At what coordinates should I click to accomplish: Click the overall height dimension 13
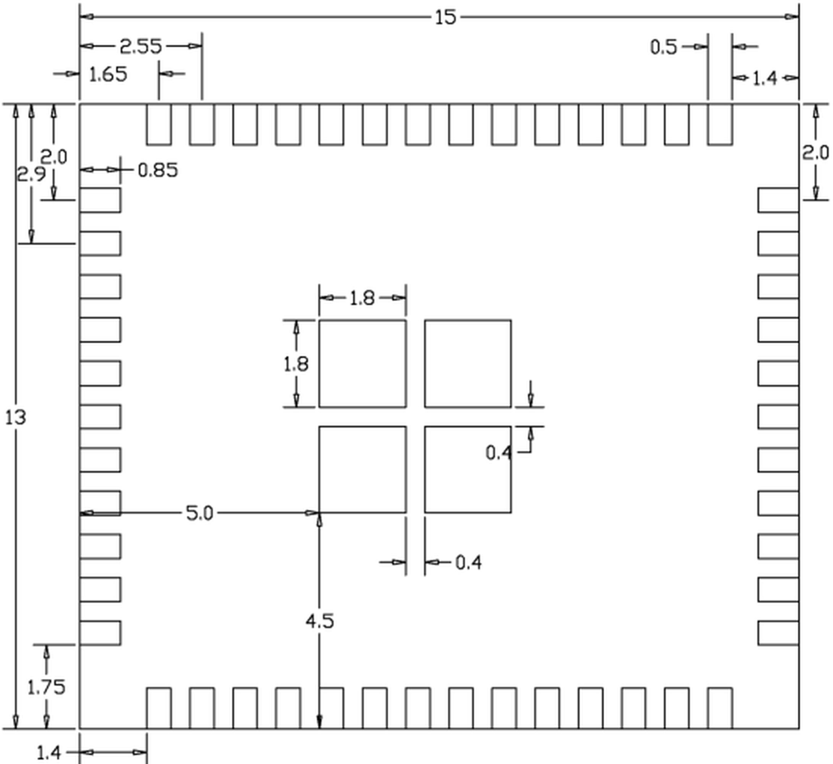coord(16,418)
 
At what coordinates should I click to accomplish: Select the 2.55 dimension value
coord(141,47)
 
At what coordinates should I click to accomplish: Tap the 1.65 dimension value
coord(108,75)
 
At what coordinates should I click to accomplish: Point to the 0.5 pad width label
coord(664,47)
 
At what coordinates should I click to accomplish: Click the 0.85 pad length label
coord(157,170)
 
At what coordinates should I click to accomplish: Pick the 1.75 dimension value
coord(46,688)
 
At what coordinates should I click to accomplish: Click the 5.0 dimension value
coord(200,514)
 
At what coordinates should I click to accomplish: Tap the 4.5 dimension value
coord(320,622)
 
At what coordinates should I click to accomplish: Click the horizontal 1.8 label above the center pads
coord(362,298)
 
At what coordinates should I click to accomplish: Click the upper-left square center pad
coord(362,364)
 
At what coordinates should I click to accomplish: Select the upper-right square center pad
coord(468,364)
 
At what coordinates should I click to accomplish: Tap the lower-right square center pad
coord(468,469)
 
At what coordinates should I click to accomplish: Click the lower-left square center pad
coord(362,469)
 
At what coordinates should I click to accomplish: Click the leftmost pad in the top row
coord(159,125)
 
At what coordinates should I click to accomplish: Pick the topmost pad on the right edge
coord(778,200)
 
